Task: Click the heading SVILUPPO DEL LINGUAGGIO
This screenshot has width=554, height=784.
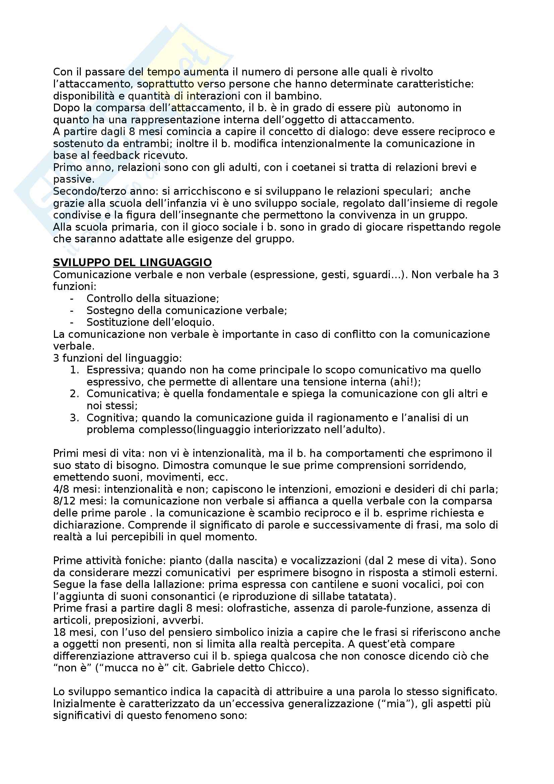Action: [132, 262]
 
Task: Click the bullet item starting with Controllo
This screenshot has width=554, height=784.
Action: [153, 298]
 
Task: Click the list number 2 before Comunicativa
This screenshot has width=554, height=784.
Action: [74, 394]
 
